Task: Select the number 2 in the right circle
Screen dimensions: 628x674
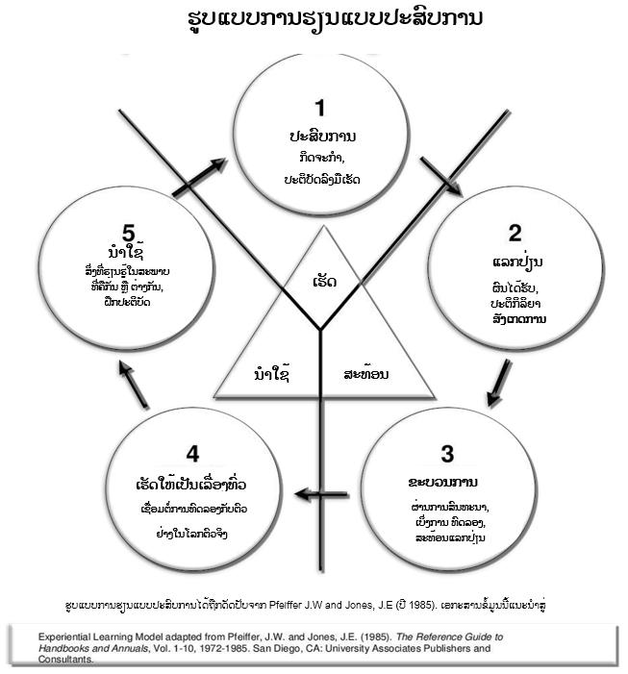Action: pos(515,232)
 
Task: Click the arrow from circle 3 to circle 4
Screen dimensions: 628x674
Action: pos(320,494)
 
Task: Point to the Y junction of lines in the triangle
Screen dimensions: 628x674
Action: pos(318,330)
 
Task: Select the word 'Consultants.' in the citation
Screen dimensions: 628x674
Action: pos(65,660)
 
